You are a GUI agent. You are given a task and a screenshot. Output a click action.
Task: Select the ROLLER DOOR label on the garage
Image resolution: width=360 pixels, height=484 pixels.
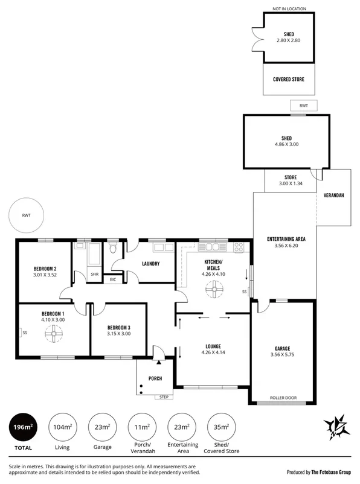(283, 398)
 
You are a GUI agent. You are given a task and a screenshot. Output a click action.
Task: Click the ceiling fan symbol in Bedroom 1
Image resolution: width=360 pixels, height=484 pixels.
(53, 331)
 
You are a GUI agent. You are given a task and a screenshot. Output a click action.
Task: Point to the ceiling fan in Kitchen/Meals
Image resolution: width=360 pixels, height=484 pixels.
(212, 291)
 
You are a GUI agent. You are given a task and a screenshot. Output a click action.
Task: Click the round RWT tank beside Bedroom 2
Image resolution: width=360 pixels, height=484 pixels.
(26, 215)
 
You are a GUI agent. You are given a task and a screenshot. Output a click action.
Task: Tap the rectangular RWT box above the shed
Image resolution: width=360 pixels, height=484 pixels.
(303, 106)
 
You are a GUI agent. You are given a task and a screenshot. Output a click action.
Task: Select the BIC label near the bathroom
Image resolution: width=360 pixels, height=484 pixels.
(113, 279)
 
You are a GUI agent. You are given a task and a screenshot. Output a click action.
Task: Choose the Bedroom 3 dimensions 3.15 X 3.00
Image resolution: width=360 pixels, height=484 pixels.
(118, 334)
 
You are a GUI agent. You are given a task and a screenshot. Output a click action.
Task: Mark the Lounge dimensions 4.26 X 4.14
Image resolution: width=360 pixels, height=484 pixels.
(212, 353)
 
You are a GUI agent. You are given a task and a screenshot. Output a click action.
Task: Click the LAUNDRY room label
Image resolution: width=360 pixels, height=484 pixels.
(150, 264)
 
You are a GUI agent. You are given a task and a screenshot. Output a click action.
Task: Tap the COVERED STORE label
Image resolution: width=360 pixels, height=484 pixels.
(289, 80)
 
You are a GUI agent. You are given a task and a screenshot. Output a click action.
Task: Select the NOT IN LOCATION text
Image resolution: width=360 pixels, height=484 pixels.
(289, 8)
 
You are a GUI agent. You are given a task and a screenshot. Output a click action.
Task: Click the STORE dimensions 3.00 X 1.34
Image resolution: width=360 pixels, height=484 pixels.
(289, 183)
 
